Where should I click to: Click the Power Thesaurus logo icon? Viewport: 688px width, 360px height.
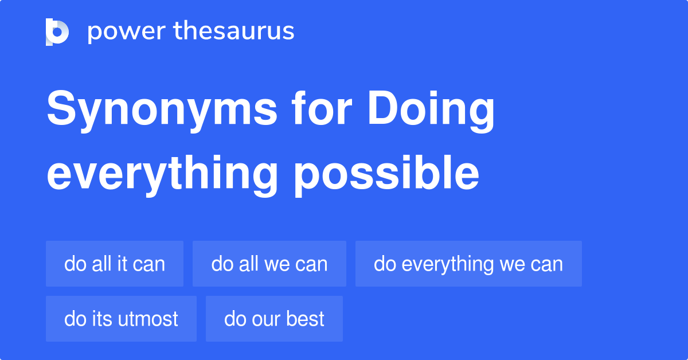pyautogui.click(x=57, y=32)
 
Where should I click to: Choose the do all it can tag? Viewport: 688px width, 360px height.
pyautogui.click(x=115, y=264)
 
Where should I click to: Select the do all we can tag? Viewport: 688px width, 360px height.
pyautogui.click(x=269, y=264)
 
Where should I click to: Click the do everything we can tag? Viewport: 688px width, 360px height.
pyautogui.click(x=468, y=264)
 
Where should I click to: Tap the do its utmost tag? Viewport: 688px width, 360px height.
pyautogui.click(x=121, y=319)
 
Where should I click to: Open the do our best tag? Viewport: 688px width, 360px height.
pyautogui.click(x=274, y=319)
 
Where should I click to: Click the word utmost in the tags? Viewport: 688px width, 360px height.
pyautogui.click(x=150, y=319)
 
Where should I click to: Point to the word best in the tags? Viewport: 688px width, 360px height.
pyautogui.click(x=306, y=319)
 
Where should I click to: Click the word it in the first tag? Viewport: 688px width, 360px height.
pyautogui.click(x=122, y=264)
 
